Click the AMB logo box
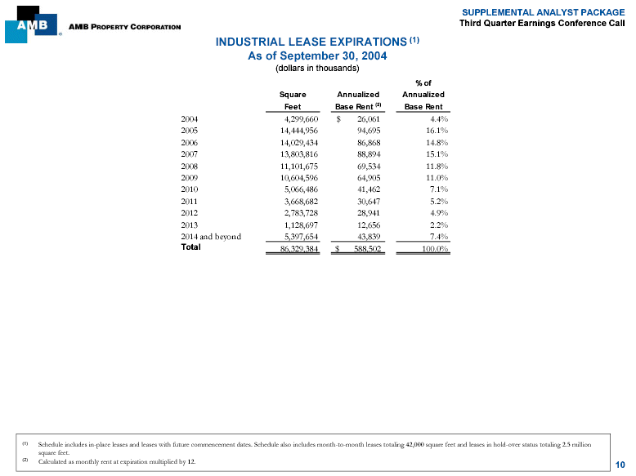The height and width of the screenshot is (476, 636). point(31,24)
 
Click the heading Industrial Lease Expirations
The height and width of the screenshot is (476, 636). point(311,42)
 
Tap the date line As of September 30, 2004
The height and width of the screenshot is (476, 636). point(317,56)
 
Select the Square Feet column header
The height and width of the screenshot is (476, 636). point(293,100)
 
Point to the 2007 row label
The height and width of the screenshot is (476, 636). point(190,153)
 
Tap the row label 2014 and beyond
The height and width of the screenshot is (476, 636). point(211,237)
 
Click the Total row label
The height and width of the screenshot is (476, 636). point(190,248)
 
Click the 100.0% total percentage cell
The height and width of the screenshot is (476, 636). point(431,249)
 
